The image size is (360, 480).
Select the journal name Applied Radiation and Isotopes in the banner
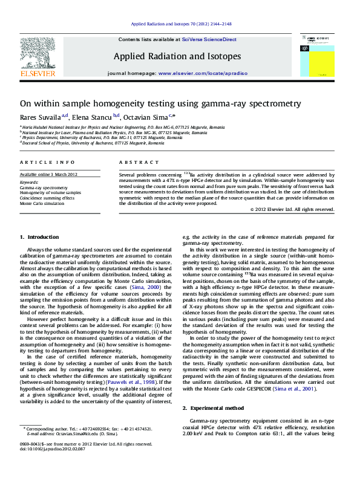pos(177,56)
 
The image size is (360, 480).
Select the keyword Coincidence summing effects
pos(47,198)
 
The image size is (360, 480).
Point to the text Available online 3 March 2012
pos(48,175)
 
